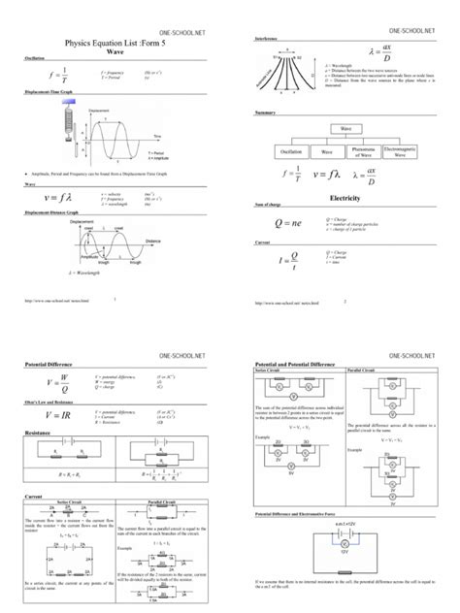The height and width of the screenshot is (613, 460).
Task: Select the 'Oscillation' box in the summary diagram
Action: pyautogui.click(x=292, y=150)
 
